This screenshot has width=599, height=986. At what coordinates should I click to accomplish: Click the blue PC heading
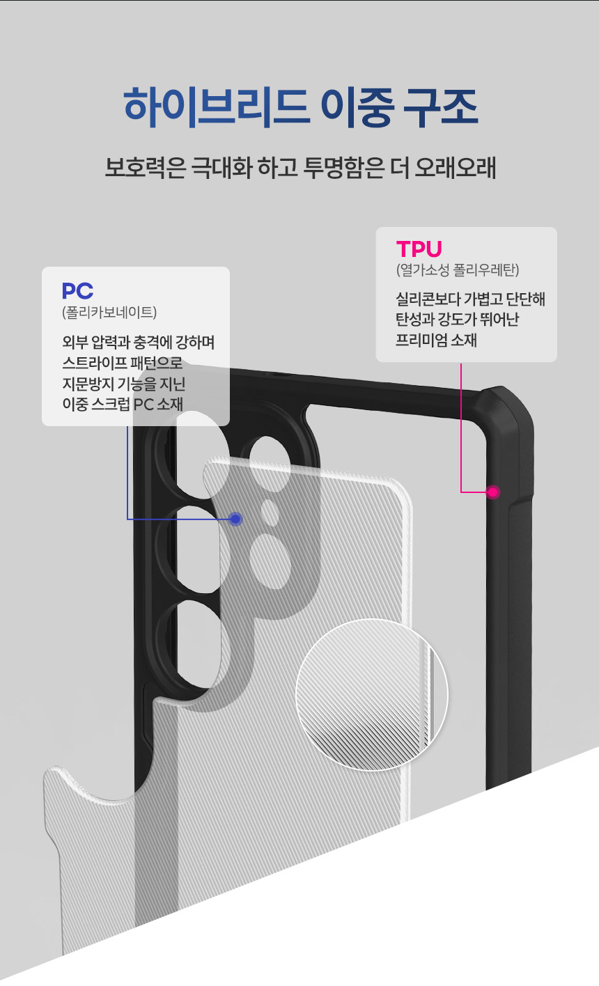(x=77, y=290)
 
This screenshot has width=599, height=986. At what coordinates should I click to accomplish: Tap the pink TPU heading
(x=419, y=249)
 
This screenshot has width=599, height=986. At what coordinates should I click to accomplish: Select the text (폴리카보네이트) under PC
(x=109, y=312)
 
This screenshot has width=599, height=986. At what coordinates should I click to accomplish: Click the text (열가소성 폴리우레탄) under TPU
(x=457, y=269)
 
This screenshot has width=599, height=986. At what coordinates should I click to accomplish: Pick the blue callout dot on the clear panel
(x=235, y=519)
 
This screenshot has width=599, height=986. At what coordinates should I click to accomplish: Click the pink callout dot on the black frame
(x=493, y=492)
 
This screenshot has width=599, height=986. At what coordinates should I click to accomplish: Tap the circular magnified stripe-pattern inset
(x=371, y=694)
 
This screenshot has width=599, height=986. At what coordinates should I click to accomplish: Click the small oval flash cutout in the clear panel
(x=270, y=512)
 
